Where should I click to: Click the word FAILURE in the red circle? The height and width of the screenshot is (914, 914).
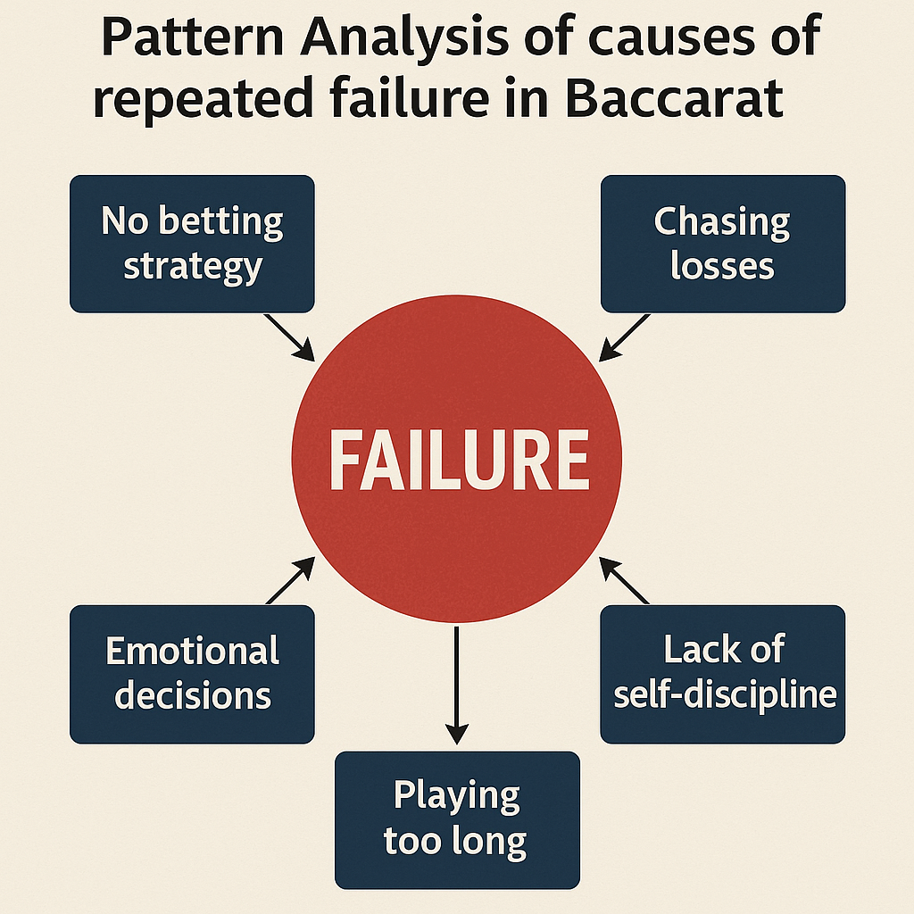459,460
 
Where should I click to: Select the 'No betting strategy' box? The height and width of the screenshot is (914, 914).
192,244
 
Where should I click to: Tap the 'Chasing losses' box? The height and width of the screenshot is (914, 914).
723,244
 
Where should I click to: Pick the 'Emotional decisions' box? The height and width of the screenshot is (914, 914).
192,674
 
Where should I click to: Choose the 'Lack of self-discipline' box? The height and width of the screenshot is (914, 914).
723,674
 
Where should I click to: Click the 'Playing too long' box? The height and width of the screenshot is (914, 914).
457,820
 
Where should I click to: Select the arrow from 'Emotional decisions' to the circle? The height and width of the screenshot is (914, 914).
290,580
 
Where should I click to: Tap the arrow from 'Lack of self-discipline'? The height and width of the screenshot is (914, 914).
624,580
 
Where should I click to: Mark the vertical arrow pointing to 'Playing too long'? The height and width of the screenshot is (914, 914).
456,685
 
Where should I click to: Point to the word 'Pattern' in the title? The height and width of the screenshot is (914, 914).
193,36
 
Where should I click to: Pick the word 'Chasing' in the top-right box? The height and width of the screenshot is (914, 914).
721,222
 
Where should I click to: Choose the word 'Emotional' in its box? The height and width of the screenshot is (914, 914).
193,650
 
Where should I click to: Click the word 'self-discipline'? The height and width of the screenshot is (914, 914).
725,695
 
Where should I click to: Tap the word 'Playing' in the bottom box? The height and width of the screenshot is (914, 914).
456,795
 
